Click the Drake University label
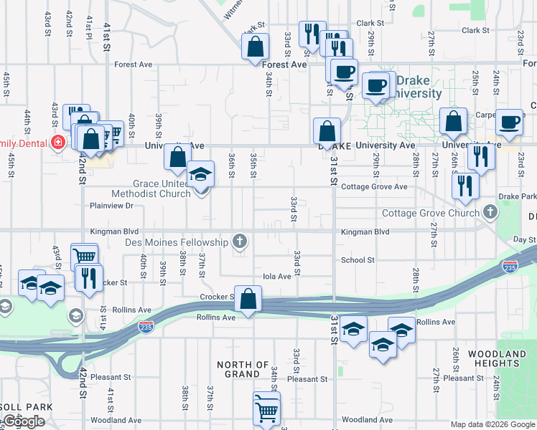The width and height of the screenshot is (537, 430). [x=419, y=87]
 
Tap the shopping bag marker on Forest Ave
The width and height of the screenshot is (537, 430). [x=255, y=48]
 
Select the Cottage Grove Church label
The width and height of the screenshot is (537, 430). [x=431, y=213]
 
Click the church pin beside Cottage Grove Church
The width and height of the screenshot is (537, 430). [x=490, y=212]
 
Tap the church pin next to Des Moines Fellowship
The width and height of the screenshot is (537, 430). [x=240, y=242]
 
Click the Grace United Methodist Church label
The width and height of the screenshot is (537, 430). [x=151, y=188]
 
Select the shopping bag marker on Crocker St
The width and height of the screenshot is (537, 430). [x=248, y=300]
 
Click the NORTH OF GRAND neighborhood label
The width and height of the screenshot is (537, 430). [x=243, y=369]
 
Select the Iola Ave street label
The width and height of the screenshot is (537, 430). [x=277, y=276]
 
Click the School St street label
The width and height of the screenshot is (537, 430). [x=358, y=260]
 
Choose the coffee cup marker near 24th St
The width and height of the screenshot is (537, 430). [x=509, y=123]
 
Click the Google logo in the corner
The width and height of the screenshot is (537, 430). [x=24, y=421]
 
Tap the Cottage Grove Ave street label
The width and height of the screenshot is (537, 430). [x=374, y=187]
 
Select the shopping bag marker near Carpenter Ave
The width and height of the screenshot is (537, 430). [x=453, y=123]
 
